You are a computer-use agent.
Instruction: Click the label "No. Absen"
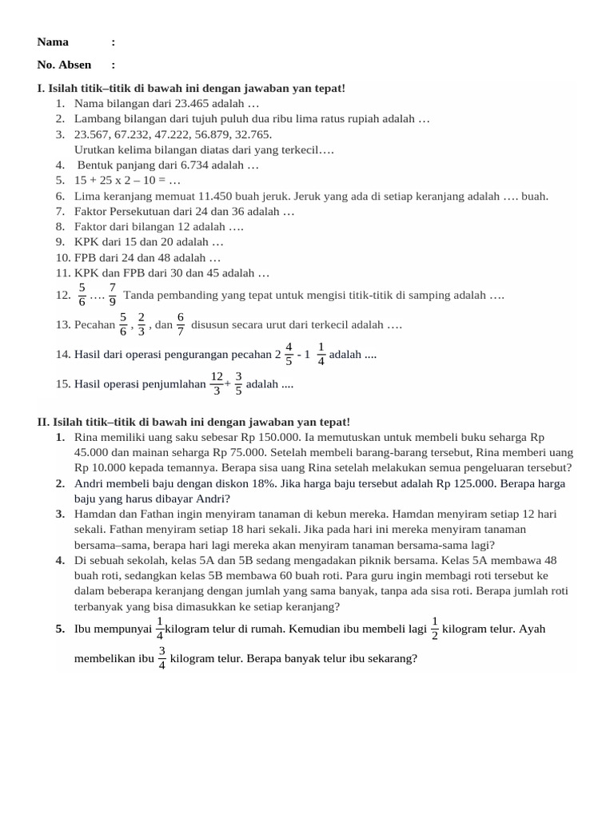(x=64, y=65)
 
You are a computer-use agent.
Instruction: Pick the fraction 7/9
(x=113, y=295)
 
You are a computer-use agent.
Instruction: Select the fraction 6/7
(x=181, y=324)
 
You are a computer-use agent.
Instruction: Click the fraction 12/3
(x=217, y=384)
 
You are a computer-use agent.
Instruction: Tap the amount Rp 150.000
(x=268, y=438)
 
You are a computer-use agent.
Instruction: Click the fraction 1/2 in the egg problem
(x=435, y=629)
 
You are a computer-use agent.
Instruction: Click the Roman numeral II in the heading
(x=43, y=422)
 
